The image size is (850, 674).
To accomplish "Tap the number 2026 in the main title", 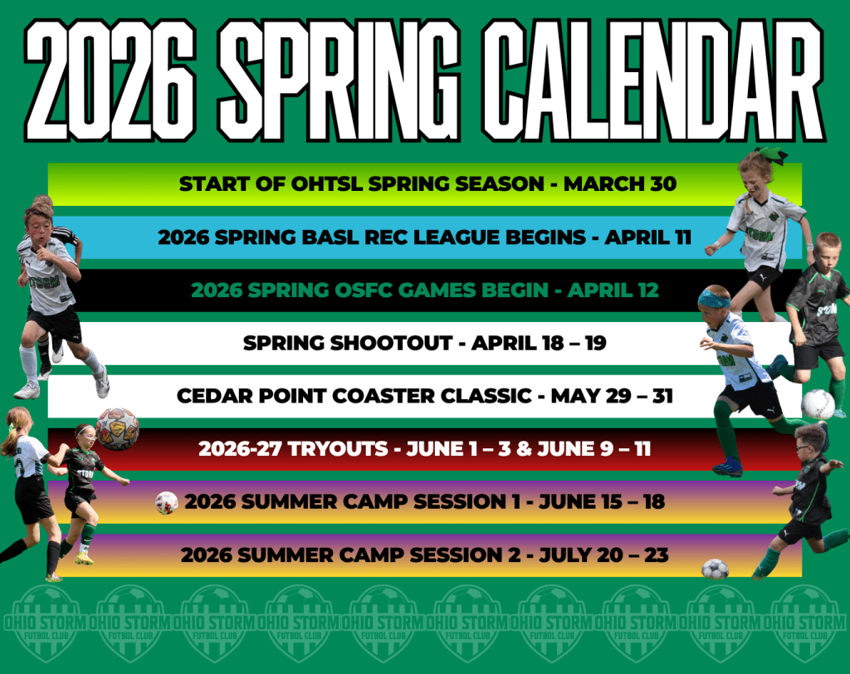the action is pyautogui.click(x=110, y=81).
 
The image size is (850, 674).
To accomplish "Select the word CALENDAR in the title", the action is pyautogui.click(x=653, y=81).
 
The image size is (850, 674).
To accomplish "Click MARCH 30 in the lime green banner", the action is pyautogui.click(x=619, y=183).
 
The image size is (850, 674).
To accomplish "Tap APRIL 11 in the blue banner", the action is pyautogui.click(x=647, y=237).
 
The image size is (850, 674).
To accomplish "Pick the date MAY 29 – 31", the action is pyautogui.click(x=612, y=396).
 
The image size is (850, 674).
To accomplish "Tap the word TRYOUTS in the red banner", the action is pyautogui.click(x=339, y=449).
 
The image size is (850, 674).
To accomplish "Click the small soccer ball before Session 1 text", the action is pyautogui.click(x=166, y=503).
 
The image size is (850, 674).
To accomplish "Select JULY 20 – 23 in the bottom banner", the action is pyautogui.click(x=603, y=554).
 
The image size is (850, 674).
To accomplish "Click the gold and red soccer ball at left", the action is pyautogui.click(x=117, y=428).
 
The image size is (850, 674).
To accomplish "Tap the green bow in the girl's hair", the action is pyautogui.click(x=772, y=155).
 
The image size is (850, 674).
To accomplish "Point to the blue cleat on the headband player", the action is pyautogui.click(x=728, y=466).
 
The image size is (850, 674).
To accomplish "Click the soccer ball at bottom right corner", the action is pyautogui.click(x=715, y=569).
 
